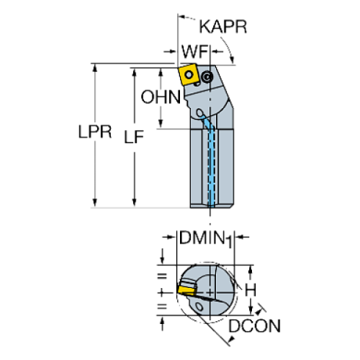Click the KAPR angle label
(x=223, y=27)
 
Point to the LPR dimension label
(x=95, y=132)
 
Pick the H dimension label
(x=251, y=291)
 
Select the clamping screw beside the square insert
(x=209, y=76)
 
